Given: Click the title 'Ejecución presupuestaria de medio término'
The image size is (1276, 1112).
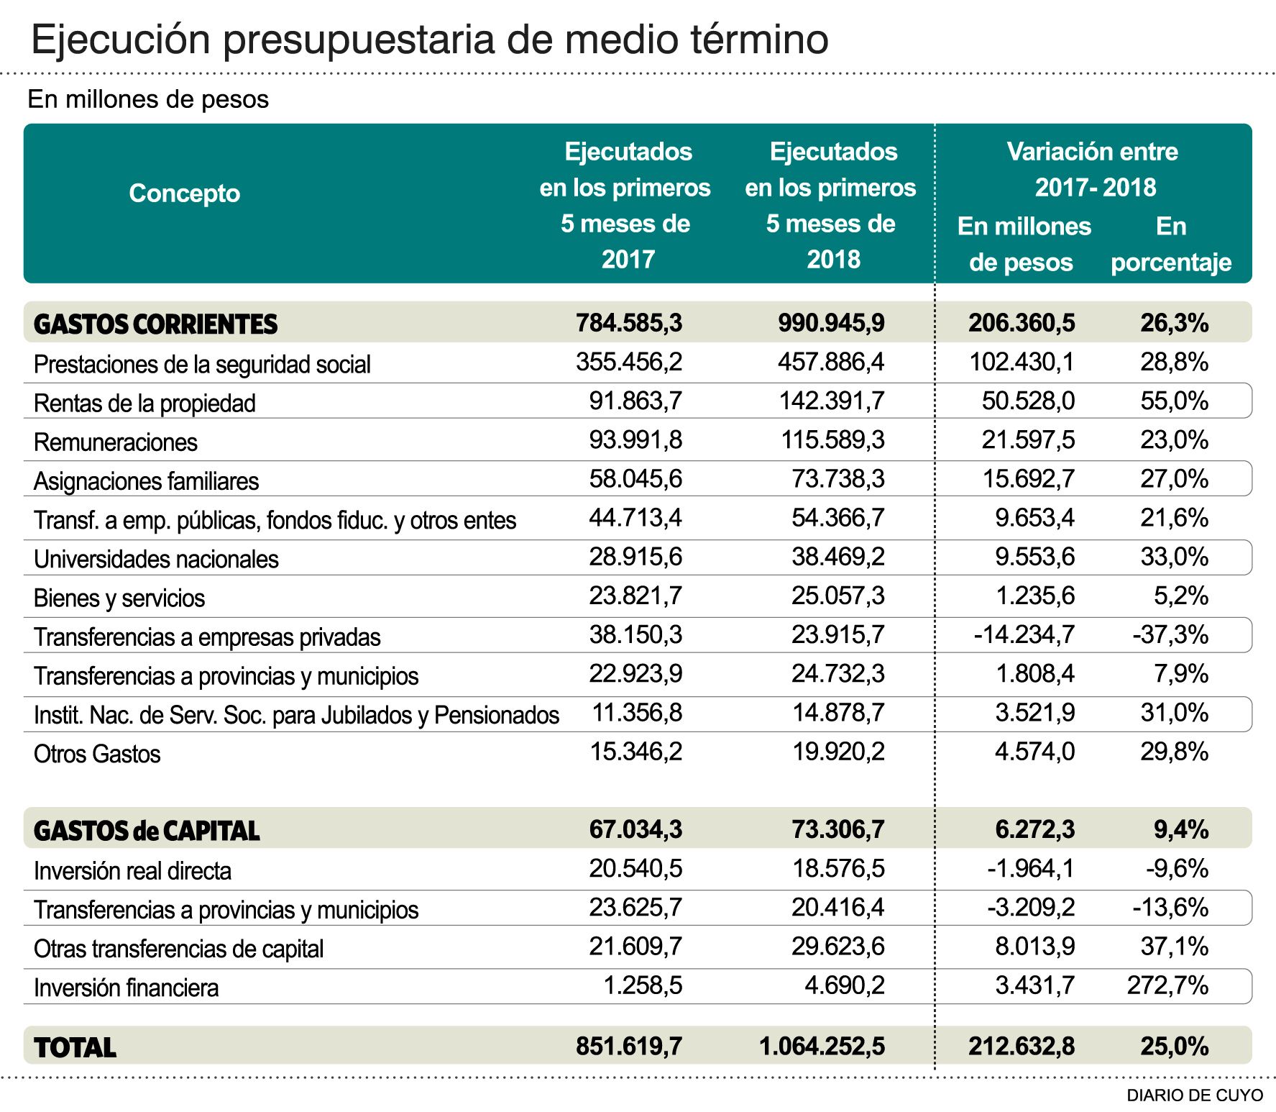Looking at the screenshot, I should [x=429, y=39].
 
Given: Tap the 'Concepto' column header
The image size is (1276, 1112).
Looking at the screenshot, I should [x=184, y=193].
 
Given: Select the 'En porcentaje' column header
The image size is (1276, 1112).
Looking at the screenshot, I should [x=1170, y=245].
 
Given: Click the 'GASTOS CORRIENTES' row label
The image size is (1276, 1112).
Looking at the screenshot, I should [x=155, y=324].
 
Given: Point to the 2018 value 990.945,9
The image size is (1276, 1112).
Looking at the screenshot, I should [x=831, y=323].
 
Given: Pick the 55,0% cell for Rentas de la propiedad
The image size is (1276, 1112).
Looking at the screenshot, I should [x=1174, y=401].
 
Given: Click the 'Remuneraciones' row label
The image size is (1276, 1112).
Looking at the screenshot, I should [x=116, y=442].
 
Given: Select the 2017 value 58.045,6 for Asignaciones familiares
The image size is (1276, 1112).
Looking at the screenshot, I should [x=635, y=478].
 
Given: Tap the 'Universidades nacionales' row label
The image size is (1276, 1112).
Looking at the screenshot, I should [x=156, y=559].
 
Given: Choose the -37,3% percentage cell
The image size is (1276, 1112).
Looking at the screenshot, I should [x=1170, y=634].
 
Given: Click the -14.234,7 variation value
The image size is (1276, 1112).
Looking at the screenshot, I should [x=1024, y=634].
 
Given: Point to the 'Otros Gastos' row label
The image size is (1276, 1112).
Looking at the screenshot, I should [x=97, y=754].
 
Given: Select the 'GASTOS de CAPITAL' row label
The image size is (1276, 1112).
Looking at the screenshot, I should [x=147, y=831].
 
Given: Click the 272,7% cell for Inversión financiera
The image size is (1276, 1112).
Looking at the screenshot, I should [x=1167, y=985].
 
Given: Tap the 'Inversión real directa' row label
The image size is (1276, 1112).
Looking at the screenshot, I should [x=132, y=871].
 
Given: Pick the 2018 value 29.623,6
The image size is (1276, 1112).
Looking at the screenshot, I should [x=837, y=946].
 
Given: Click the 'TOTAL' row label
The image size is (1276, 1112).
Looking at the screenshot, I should [x=75, y=1047].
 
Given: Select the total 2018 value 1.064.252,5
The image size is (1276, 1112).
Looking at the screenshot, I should [x=822, y=1046].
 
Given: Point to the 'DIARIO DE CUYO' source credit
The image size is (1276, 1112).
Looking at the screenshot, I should [x=1194, y=1095].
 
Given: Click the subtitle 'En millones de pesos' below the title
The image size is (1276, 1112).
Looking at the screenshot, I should [x=148, y=99].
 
